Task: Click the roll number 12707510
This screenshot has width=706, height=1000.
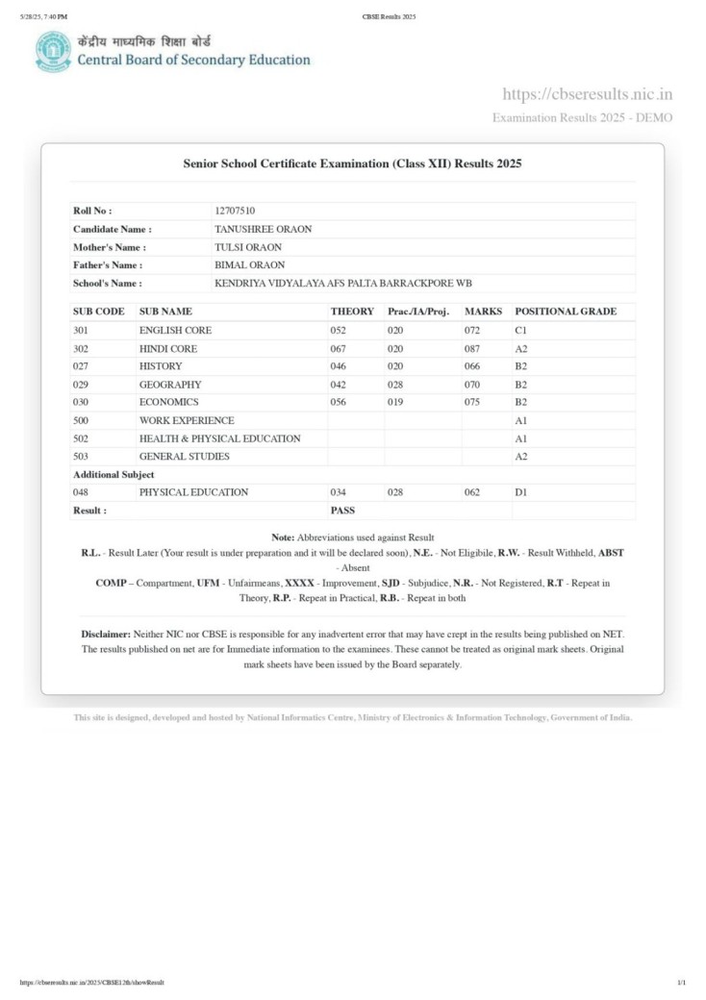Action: point(236,211)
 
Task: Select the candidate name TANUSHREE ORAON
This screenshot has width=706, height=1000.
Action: point(263,229)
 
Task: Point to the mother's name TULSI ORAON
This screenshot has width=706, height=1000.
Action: point(247,247)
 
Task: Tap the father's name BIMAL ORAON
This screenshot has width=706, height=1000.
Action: point(249,264)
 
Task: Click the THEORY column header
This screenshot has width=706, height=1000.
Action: point(352,312)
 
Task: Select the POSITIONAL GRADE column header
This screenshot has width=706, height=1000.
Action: point(566,312)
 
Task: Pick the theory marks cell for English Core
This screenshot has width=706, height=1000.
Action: point(338,330)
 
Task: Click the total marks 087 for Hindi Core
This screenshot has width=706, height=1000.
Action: point(471,348)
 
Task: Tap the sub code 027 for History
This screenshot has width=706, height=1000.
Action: point(81,366)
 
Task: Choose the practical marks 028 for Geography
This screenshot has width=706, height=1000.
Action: point(395,384)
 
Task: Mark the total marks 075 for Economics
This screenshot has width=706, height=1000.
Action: point(471,402)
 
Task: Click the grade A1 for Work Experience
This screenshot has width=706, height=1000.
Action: point(521,420)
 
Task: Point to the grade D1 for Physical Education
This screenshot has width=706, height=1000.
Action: point(521,492)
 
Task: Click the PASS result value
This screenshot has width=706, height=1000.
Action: point(342,511)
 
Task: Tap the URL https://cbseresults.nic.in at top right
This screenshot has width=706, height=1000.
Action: point(587,93)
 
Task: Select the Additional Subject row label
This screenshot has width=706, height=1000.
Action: point(113,474)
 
